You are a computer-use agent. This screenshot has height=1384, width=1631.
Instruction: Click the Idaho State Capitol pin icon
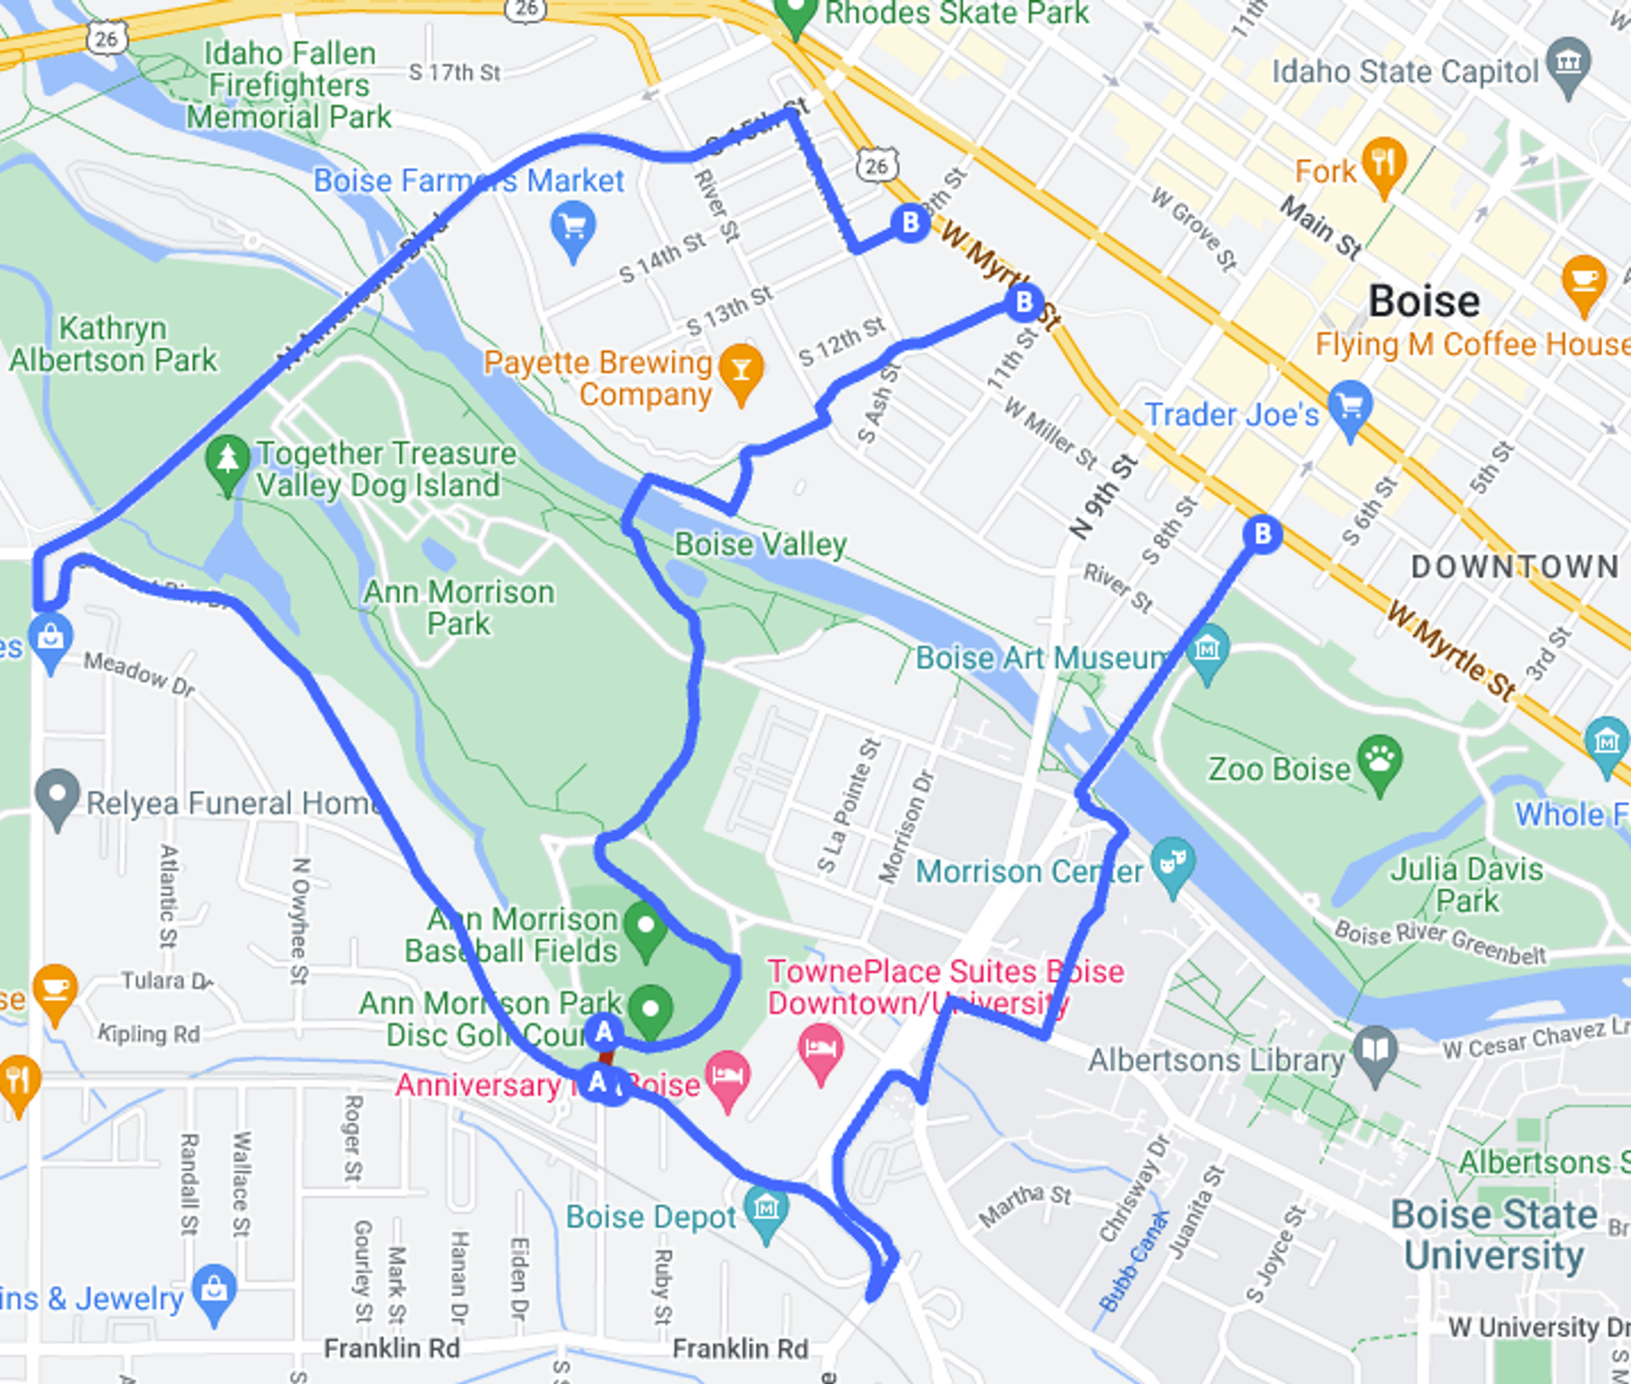[1568, 64]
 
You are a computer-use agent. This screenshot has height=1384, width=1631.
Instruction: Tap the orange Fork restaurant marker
[1384, 161]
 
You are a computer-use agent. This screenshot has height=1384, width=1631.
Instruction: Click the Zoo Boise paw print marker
[1380, 760]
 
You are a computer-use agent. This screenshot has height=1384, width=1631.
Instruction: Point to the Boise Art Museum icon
[1207, 650]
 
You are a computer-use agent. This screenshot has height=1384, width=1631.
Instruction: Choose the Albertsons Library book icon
[1375, 1052]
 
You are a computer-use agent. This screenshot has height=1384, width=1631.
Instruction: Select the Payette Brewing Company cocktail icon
[741, 369]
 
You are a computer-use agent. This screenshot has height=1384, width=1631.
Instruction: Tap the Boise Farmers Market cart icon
[573, 226]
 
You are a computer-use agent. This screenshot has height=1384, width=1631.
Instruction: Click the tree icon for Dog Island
[228, 460]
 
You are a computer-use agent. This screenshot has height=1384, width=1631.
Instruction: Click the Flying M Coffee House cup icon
[1584, 280]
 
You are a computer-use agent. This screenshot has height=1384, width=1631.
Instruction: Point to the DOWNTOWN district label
[1515, 567]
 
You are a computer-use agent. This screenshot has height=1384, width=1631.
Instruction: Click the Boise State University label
[1494, 1234]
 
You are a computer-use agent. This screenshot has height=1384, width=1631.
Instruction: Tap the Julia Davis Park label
[1466, 884]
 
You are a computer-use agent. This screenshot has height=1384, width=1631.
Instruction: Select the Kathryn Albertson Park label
[113, 344]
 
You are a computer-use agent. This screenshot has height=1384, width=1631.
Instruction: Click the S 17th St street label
[454, 73]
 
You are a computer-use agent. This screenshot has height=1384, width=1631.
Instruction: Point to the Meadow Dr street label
[139, 674]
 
